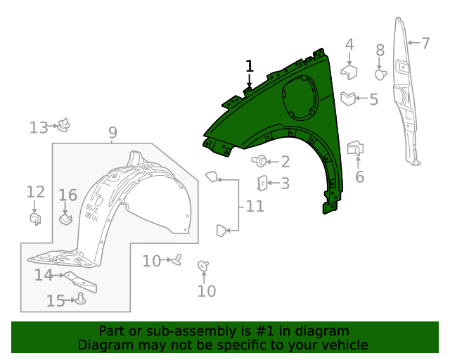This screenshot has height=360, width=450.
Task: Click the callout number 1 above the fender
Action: tap(249, 67)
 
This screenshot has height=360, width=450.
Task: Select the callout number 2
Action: tap(285, 162)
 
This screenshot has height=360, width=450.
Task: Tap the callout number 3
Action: tap(285, 184)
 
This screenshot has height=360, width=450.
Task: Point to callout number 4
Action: tap(349, 45)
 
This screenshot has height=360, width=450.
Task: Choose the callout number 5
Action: tap(373, 99)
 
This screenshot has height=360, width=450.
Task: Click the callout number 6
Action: tap(359, 177)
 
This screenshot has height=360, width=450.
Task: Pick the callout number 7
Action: tap(425, 43)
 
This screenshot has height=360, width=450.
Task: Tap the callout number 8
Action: tap(380, 50)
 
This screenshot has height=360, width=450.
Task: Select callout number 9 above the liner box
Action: tap(112, 132)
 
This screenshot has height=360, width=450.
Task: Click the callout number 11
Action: tap(255, 207)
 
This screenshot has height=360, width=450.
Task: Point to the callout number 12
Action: tap(35, 192)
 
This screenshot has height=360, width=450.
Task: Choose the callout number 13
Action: tap(38, 127)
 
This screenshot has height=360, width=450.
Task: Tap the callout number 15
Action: tap(56, 301)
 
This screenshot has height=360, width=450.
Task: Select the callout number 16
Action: tap(67, 195)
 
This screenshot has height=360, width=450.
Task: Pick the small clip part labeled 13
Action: tap(65, 125)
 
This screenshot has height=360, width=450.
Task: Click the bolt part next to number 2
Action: tap(262, 162)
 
